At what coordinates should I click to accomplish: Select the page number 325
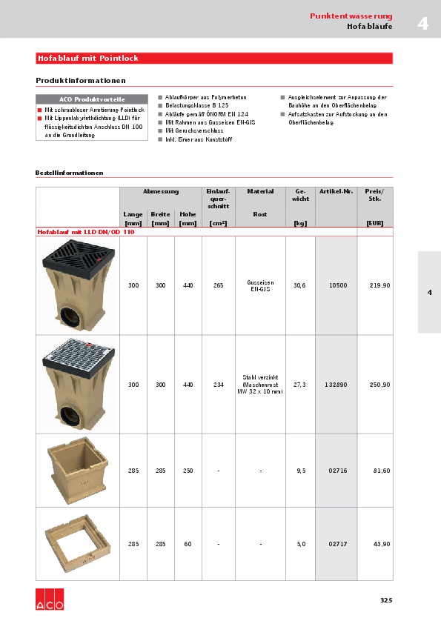pyautogui.click(x=385, y=600)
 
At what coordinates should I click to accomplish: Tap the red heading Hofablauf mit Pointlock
pyautogui.click(x=88, y=58)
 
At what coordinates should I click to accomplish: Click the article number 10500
pyautogui.click(x=338, y=285)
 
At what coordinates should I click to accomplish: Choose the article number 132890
pyautogui.click(x=336, y=385)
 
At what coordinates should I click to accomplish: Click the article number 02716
pyautogui.click(x=338, y=471)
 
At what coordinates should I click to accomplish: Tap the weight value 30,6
pyautogui.click(x=299, y=285)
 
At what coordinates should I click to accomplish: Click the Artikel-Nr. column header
pyautogui.click(x=336, y=191)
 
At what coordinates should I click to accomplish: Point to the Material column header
pyautogui.click(x=260, y=191)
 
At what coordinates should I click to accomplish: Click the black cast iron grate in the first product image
pyautogui.click(x=78, y=253)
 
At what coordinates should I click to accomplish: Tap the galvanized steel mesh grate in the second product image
pyautogui.click(x=78, y=354)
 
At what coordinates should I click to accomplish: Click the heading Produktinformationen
pyautogui.click(x=81, y=80)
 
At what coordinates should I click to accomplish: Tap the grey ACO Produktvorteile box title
pyautogui.click(x=92, y=99)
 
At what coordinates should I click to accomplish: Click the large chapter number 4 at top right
pyautogui.click(x=422, y=24)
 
